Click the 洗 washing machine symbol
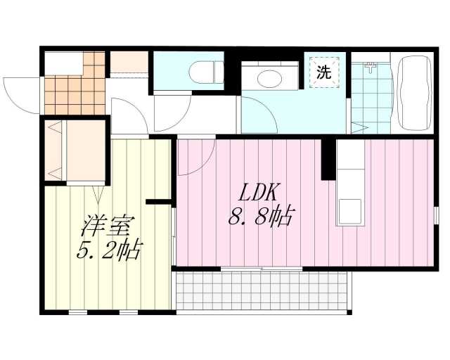[324, 72]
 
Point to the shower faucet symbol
[371, 67]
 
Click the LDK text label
[258, 193]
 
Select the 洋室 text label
[108, 224]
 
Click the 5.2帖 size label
[110, 250]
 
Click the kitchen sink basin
[350, 212]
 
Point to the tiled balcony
[262, 290]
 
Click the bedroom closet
[75, 150]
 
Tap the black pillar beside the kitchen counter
[328, 160]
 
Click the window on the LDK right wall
[436, 215]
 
